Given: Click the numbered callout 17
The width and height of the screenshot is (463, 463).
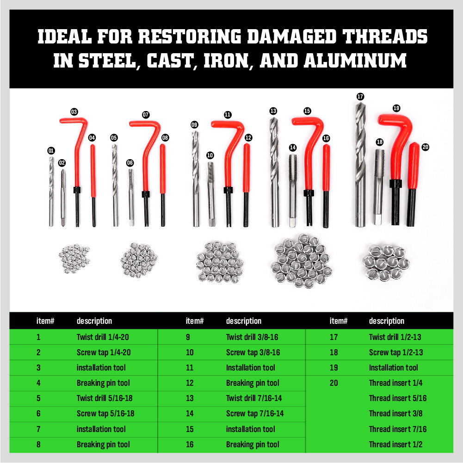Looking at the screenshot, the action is pyautogui.click(x=360, y=97).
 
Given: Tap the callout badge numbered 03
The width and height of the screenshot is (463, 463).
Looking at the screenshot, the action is pyautogui.click(x=74, y=112).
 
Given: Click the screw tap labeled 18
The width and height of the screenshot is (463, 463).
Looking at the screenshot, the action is pyautogui.click(x=379, y=186).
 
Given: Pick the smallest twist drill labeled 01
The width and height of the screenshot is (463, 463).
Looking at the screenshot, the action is pyautogui.click(x=51, y=191).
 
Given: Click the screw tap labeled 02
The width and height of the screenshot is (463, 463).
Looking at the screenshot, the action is pyautogui.click(x=63, y=198).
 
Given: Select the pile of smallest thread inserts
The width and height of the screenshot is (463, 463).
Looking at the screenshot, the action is pyautogui.click(x=74, y=259).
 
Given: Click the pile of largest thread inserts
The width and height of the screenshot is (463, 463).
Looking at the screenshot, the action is pyautogui.click(x=386, y=263).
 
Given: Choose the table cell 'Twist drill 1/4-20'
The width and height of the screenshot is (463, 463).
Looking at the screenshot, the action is pyautogui.click(x=103, y=337).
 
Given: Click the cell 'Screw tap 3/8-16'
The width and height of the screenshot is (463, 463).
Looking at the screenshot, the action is pyautogui.click(x=253, y=352).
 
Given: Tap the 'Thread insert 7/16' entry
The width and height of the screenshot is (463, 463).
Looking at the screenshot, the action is pyautogui.click(x=398, y=429).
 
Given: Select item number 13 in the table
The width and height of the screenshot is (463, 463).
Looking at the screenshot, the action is pyautogui.click(x=190, y=398).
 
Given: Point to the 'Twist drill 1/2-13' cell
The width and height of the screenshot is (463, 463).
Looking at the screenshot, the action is pyautogui.click(x=395, y=337).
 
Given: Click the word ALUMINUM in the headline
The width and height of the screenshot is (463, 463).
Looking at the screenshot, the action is pyautogui.click(x=355, y=61).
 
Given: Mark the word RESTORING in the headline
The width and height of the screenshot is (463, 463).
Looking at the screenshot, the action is pyautogui.click(x=190, y=37).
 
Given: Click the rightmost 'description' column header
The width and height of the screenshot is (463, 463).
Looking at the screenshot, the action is pyautogui.click(x=387, y=321).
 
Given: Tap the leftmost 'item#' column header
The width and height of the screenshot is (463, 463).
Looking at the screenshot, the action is pyautogui.click(x=45, y=321).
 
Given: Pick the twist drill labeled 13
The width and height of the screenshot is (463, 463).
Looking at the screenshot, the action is pyautogui.click(x=274, y=172).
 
